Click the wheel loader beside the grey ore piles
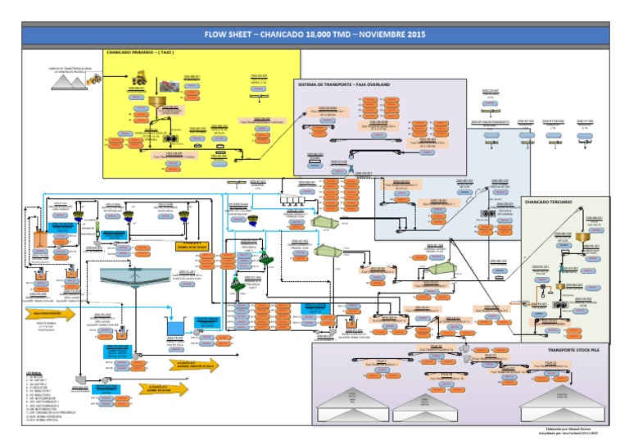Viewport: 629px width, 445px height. point(93,79)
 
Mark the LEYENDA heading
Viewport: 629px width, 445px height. point(34,371)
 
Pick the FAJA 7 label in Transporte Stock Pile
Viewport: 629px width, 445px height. point(378,360)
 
